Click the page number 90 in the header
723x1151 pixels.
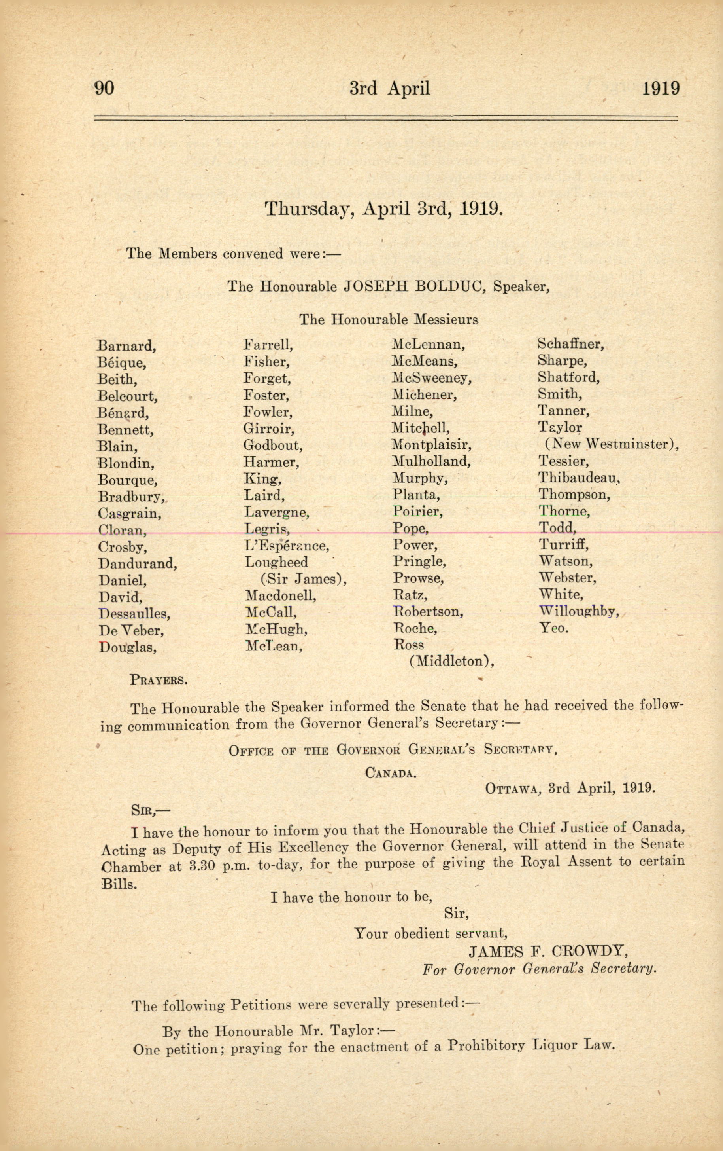[x=104, y=88]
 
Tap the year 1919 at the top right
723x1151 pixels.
[x=661, y=88]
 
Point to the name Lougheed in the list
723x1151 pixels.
[x=276, y=562]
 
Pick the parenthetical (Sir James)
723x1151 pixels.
[x=303, y=579]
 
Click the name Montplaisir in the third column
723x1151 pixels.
[x=431, y=445]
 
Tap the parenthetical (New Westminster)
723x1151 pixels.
[x=612, y=444]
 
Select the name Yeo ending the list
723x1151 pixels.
[x=553, y=628]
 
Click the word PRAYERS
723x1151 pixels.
[x=158, y=679]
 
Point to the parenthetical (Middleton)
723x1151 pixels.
[x=451, y=662]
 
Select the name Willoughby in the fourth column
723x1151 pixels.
[x=578, y=611]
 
